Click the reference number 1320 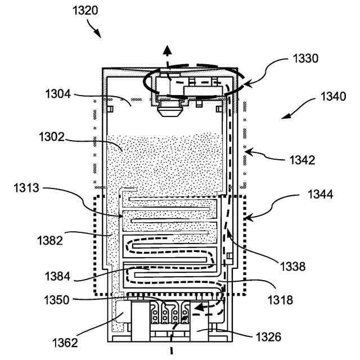84,11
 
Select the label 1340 334,96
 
